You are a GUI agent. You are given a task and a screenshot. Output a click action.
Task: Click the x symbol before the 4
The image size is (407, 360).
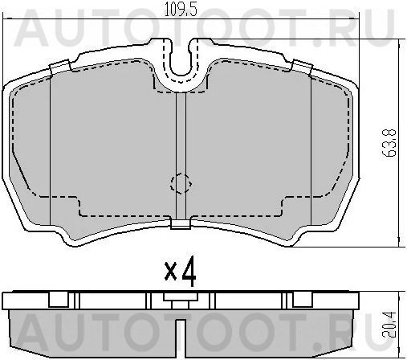[x=170, y=272]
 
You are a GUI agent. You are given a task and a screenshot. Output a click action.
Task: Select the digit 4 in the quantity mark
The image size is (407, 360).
[x=189, y=272]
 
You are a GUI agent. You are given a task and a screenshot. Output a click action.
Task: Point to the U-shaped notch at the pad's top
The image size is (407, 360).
[x=181, y=68]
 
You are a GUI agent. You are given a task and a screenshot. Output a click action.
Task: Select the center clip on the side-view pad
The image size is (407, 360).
[x=179, y=297]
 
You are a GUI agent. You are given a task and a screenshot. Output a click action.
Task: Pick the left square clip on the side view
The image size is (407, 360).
[x=58, y=300]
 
